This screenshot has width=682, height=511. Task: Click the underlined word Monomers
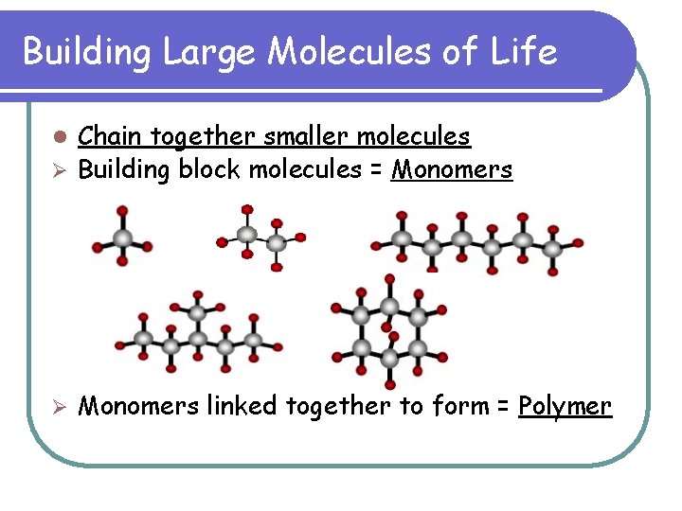453,170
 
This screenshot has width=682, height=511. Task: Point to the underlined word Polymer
565,407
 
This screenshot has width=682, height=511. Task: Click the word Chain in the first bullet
104,137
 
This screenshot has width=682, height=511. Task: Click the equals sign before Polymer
503,407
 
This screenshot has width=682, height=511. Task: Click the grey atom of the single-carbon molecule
122,238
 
